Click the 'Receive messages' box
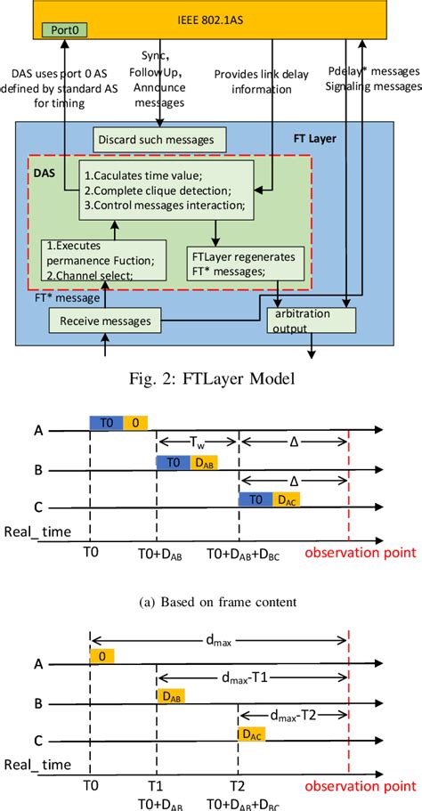[x=105, y=320]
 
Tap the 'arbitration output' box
[x=312, y=320]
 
